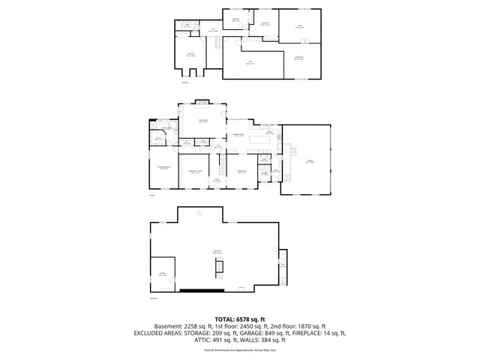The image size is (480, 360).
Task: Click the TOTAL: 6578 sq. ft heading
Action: coord(240,318)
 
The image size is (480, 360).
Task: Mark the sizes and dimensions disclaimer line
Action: coord(240,349)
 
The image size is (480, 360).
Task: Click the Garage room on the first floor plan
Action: coord(309,160)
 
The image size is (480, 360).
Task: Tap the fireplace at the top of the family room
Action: coord(202,103)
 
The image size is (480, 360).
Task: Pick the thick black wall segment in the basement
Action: coord(201,289)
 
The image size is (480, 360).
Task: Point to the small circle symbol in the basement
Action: coord(199,214)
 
